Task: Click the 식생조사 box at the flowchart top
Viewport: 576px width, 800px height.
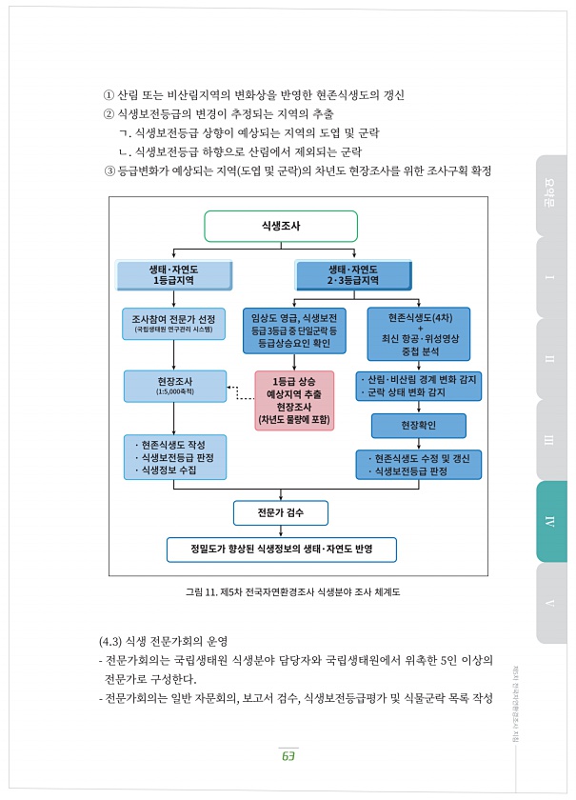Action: (281, 226)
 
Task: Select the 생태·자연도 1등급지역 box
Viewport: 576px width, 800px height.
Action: (174, 275)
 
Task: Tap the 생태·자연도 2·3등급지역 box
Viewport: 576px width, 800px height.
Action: (353, 275)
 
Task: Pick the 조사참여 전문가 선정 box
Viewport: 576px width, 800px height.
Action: (174, 324)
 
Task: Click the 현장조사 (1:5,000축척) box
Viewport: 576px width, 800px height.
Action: (174, 386)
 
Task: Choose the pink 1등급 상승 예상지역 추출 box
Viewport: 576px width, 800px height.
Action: (294, 400)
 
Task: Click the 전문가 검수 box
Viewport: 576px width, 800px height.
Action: (280, 512)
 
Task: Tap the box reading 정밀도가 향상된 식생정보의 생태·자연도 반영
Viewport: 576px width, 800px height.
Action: (280, 550)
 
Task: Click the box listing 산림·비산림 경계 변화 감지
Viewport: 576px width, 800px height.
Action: (419, 386)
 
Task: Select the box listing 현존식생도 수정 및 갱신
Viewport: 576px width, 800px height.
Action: (419, 465)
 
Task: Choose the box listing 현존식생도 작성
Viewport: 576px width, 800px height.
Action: (174, 457)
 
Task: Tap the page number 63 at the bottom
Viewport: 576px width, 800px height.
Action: (288, 755)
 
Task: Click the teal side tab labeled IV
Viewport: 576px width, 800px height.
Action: (551, 521)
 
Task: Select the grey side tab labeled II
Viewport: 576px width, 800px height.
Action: (551, 359)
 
